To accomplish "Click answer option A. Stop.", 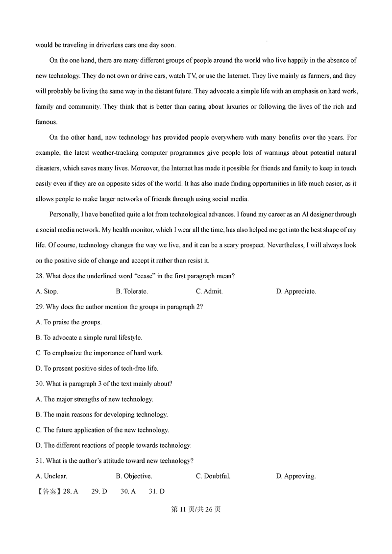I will coord(47,291).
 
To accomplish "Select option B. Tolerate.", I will coord(131,291).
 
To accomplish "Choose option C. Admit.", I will coord(209,291).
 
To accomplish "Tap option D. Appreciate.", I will coord(296,291).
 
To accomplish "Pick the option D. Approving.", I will coord(296,476).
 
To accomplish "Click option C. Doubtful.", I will coord(213,476).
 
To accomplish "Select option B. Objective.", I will coord(134,476).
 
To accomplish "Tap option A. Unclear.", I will coord(51,476).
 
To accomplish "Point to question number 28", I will coord(40,276).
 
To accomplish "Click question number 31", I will coord(40,461).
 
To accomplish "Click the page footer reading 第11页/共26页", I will coord(196,509).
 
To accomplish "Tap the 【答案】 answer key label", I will coord(49,492).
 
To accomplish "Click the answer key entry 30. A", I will coord(128,492).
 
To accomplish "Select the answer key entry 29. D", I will coord(99,492).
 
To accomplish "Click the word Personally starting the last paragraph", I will coord(65,215).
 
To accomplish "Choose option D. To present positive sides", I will coord(97,368).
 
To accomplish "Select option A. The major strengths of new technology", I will coord(95,399).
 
